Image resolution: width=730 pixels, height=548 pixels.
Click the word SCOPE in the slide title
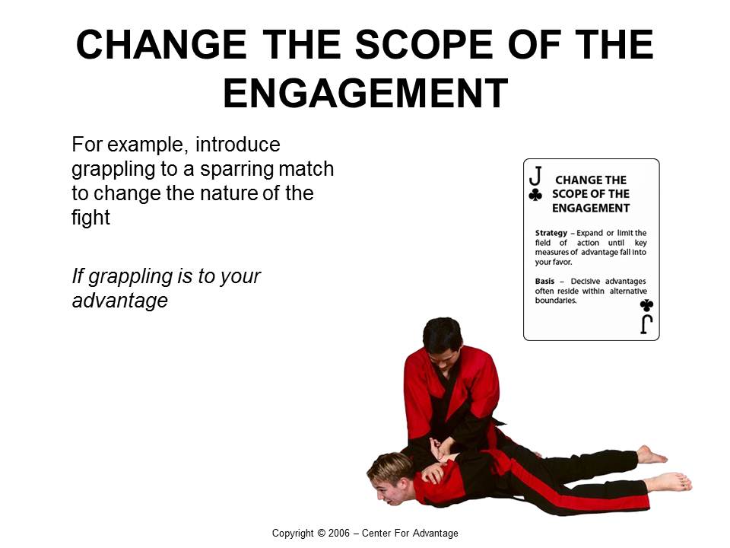click(424, 44)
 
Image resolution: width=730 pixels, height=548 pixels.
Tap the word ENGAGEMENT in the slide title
click(366, 93)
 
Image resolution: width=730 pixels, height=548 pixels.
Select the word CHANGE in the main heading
click(161, 44)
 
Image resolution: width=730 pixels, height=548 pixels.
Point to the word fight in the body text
click(90, 218)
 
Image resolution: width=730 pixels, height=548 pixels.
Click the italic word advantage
click(119, 300)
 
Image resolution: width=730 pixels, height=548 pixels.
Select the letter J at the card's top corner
click(535, 176)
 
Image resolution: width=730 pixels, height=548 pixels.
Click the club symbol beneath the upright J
click(535, 194)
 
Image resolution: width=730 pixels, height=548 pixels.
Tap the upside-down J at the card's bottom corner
click(646, 324)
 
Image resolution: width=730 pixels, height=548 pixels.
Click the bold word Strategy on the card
click(551, 233)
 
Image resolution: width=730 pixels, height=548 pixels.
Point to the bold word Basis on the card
click(544, 281)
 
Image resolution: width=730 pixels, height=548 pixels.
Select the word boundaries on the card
click(556, 301)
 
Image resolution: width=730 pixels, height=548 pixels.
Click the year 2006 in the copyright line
click(339, 533)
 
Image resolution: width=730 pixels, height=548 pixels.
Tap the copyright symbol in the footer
click(321, 533)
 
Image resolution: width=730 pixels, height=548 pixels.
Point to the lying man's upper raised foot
click(651, 455)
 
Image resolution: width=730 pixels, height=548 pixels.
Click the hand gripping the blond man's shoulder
click(433, 473)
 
